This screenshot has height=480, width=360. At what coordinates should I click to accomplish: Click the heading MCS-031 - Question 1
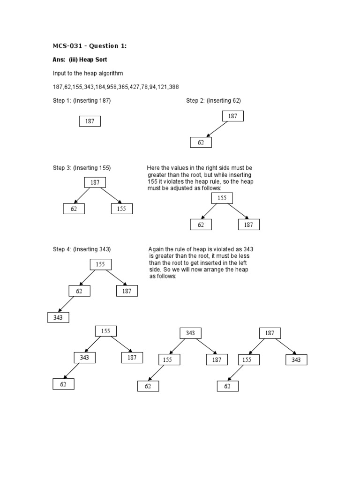click(90, 45)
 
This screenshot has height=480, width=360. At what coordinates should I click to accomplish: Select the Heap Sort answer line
click(80, 60)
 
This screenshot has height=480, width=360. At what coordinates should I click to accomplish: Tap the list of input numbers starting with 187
click(116, 87)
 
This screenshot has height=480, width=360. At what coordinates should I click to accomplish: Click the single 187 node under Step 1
click(90, 121)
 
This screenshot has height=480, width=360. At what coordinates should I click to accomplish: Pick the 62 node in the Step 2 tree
click(201, 142)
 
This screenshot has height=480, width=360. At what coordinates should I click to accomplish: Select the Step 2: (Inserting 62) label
click(213, 101)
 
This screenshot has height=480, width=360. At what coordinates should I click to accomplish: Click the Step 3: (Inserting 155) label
click(82, 168)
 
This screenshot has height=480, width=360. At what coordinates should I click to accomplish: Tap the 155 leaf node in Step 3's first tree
click(122, 209)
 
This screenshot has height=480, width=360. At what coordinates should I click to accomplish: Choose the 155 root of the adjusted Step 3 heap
click(222, 198)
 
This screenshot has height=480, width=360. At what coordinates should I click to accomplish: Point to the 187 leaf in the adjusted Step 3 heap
click(248, 225)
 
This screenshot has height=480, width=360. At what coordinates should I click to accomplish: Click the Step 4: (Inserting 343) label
click(82, 249)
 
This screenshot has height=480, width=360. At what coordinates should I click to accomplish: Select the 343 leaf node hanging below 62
click(58, 318)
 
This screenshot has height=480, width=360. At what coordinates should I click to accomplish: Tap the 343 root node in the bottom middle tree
click(190, 333)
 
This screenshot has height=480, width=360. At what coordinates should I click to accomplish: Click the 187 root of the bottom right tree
click(270, 333)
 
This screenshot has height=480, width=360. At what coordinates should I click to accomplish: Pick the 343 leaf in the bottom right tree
click(296, 360)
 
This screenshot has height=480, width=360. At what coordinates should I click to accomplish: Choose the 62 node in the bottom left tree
click(63, 384)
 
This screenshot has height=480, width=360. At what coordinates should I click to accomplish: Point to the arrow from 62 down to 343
click(67, 304)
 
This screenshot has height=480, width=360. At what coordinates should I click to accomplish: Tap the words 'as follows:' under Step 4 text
click(162, 277)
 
